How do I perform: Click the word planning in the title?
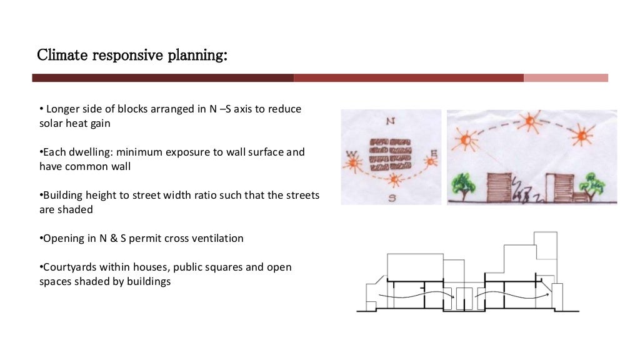tap(196, 56)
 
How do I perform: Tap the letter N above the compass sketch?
tap(391, 122)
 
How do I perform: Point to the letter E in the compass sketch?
tap(433, 152)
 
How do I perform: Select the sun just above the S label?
tap(394, 180)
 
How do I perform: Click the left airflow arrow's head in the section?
tap(449, 292)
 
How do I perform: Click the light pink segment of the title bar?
tap(566, 78)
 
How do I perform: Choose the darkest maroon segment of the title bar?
tap(162, 78)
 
